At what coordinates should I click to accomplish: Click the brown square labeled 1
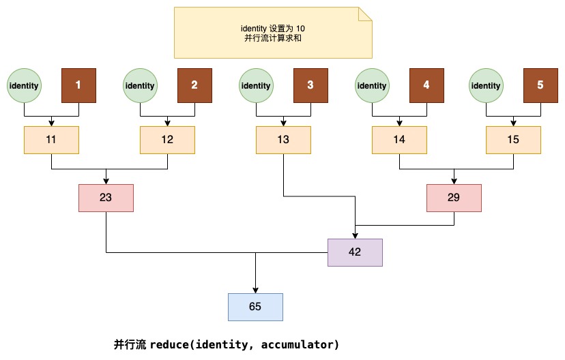point(78,85)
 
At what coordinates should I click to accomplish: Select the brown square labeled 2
point(194,85)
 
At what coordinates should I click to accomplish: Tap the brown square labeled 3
point(310,85)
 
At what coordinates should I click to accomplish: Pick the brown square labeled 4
point(426,85)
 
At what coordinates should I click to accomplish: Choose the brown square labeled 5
point(540,85)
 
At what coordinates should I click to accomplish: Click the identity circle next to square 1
point(24,85)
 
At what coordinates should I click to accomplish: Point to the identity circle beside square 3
point(256,85)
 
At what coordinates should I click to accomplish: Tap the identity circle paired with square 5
point(486,85)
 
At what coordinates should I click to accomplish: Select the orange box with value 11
point(51,140)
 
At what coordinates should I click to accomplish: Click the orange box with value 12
point(167,140)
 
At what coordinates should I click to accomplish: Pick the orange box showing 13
point(283,140)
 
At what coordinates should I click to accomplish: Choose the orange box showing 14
point(399,140)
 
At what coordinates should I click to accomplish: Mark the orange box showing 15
point(513,140)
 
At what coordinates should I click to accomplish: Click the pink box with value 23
point(106,198)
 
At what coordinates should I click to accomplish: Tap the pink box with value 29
point(454,198)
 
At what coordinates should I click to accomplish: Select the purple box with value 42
point(355,252)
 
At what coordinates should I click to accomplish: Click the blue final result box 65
point(255,307)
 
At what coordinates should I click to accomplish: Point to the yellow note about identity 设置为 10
point(273,33)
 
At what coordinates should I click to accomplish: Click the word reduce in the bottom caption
point(171,345)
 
